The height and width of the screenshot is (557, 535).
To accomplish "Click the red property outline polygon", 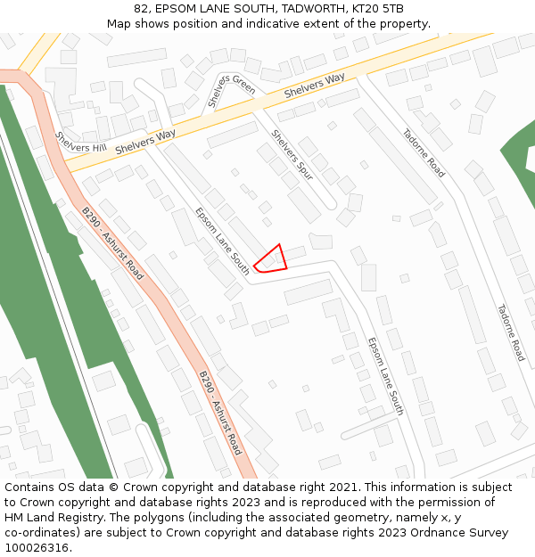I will tap(272, 259).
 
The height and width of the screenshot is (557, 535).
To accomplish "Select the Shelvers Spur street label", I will tap(292, 155).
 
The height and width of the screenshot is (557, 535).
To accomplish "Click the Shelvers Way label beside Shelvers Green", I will tap(315, 86).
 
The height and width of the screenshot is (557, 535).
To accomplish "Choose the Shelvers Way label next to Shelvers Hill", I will tap(145, 141).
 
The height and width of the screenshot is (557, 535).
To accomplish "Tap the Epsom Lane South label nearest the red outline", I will tap(222, 241).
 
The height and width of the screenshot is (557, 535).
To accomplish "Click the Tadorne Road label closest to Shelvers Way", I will tap(424, 153).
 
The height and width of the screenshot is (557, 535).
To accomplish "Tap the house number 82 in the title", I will tap(142, 8).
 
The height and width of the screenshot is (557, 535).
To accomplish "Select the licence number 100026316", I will tap(37, 548).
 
